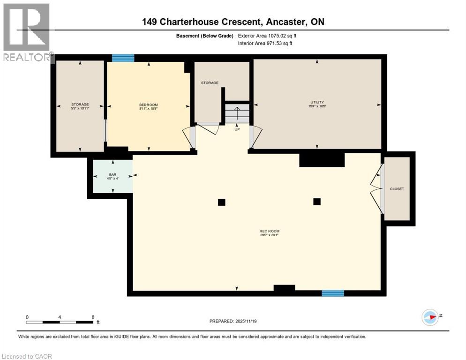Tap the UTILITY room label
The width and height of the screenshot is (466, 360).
coord(317,102)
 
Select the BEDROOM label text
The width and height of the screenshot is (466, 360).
coord(148,105)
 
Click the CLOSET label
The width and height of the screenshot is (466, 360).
coord(397,189)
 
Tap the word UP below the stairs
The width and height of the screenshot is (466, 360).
coord(237,129)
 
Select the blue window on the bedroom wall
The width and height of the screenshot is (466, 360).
coord(123,58)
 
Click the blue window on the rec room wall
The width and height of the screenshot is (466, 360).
coord(332,293)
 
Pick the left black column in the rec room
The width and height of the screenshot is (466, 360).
coord(221,202)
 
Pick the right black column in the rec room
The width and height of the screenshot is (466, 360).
coord(317,202)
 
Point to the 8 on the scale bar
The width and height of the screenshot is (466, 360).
coord(93,317)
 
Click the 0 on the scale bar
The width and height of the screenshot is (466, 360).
coord(27,317)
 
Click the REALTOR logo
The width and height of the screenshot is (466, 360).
coord(27,32)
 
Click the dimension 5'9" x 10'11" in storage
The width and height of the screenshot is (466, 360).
coord(80,108)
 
